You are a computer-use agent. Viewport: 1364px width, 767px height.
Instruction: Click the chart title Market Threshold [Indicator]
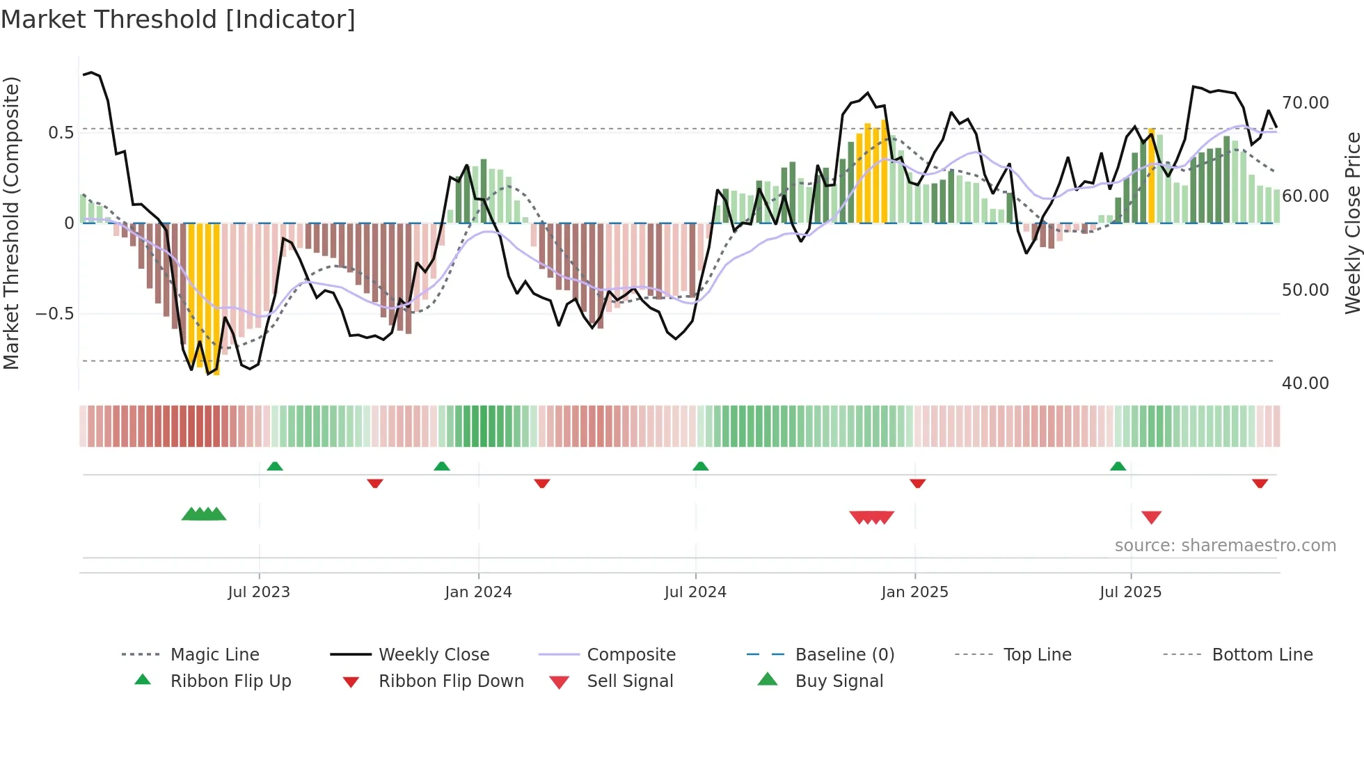(178, 19)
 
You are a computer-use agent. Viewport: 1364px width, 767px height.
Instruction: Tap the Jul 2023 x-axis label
(259, 592)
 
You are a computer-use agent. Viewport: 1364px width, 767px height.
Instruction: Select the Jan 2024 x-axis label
(478, 592)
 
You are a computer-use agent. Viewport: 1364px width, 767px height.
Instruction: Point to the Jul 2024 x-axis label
(695, 592)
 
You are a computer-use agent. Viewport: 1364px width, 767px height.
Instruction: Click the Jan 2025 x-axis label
(914, 592)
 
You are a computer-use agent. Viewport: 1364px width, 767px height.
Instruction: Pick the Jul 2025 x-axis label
(1131, 592)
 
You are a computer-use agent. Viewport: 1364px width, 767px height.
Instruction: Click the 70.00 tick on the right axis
(1306, 103)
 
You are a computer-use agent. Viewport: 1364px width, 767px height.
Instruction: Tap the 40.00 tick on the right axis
(1306, 383)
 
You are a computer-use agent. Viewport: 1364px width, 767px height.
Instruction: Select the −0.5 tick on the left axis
(55, 314)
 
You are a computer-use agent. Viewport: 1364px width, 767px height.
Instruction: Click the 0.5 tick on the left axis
(61, 133)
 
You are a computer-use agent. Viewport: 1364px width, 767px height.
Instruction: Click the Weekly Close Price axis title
(1352, 223)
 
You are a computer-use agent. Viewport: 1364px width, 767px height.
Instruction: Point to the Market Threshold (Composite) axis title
(11, 223)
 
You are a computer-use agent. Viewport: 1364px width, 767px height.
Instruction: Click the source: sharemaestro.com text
(1225, 546)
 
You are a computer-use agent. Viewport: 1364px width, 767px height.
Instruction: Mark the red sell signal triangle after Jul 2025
(1151, 517)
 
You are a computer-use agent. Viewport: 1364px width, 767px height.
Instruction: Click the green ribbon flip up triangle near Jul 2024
(701, 466)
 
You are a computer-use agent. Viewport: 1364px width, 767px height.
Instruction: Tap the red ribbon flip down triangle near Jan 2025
(917, 483)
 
